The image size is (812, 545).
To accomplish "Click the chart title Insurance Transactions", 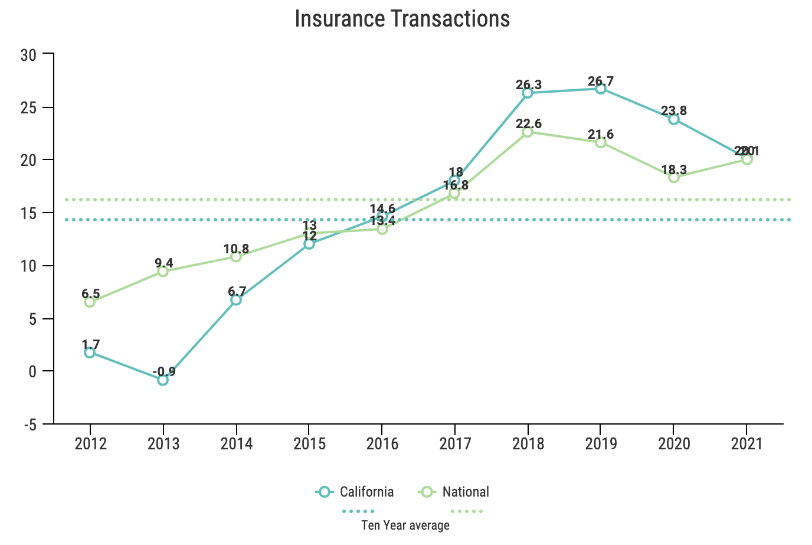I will pos(402,19).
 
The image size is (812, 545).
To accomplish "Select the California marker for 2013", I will pos(163,380).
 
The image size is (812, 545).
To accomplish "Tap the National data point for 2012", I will pos(90,302).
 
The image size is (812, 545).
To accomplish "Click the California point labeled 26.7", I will pos(601,89).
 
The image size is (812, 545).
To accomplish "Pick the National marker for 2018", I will pos(528,132).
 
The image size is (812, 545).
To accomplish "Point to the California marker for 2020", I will pos(674,119).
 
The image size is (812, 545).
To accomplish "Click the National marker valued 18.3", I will pos(674,177).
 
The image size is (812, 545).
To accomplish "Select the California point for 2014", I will pos(236,300).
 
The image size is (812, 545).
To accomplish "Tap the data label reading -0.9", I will pos(164,372).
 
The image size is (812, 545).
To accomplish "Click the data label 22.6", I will pos(529,124).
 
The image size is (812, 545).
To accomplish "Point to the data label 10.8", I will pos(236,249).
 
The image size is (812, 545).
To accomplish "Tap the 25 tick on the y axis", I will pos(28,108).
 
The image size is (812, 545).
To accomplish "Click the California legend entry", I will pos(355,492).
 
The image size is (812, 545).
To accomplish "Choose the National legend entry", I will pos(454,492).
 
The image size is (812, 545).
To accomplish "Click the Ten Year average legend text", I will pos(405,526).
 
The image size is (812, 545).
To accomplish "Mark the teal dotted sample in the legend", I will pos(358,511).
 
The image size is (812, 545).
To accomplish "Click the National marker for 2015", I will pos(309,233).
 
